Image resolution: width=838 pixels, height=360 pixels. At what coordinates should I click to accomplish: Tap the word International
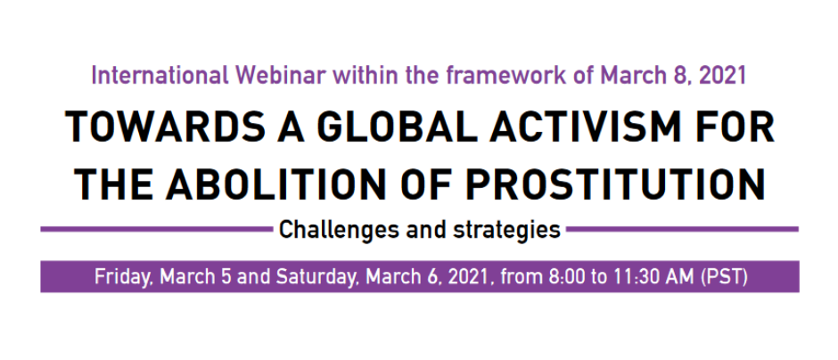157,76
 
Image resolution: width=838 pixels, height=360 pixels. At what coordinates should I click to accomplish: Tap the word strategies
510,230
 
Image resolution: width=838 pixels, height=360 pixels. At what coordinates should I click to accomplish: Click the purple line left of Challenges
157,229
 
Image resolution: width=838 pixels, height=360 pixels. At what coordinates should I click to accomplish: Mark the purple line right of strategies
682,229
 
